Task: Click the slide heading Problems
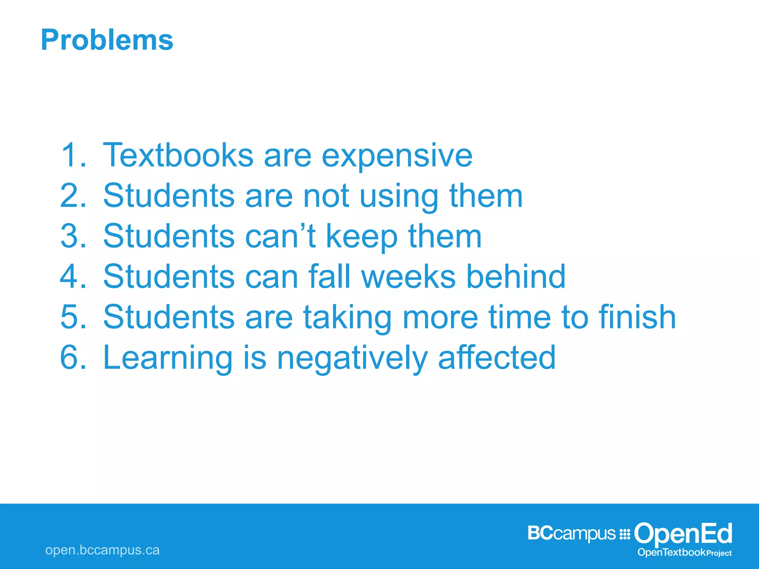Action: (107, 40)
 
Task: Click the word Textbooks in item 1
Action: (178, 155)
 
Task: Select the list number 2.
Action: (73, 196)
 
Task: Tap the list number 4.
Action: (73, 277)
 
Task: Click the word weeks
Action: (408, 277)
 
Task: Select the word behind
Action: (516, 277)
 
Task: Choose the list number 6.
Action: (73, 357)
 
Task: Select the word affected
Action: (497, 357)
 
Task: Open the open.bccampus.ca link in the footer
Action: (102, 550)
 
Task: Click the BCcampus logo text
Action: (571, 534)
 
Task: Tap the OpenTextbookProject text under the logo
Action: (684, 553)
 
